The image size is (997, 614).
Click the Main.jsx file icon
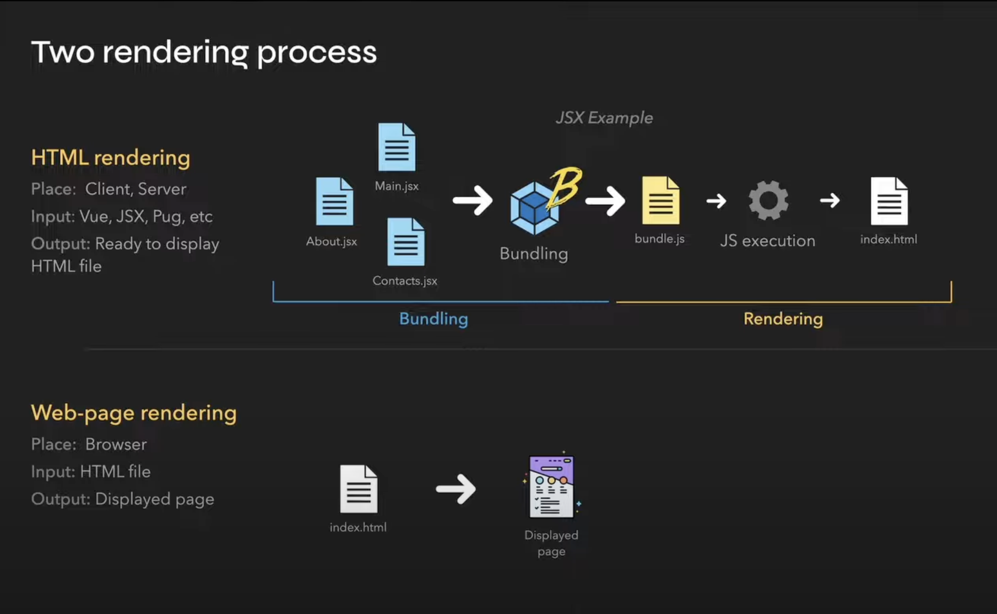tap(397, 147)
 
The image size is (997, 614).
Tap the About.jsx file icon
tap(334, 201)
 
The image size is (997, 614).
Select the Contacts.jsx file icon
tap(406, 242)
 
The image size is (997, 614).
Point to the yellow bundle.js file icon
tap(660, 201)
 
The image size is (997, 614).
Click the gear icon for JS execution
tap(768, 201)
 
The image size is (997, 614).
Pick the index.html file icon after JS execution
tap(889, 201)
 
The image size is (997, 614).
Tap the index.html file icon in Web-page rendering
tap(359, 489)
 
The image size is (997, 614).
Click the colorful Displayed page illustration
tap(551, 487)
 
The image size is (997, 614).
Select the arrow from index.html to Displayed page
tap(456, 489)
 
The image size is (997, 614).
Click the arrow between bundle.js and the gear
tap(716, 201)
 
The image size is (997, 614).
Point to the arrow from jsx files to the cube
tap(472, 200)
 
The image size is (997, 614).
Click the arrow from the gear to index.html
tap(830, 200)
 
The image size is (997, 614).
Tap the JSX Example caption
tap(604, 118)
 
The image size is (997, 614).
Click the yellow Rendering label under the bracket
tap(783, 319)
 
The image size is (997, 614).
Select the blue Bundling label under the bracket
tap(434, 319)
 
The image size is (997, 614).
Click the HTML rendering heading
tap(111, 158)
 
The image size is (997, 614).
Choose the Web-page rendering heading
tap(134, 413)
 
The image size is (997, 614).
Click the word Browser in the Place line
tap(116, 444)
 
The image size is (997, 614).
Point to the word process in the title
tap(317, 53)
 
